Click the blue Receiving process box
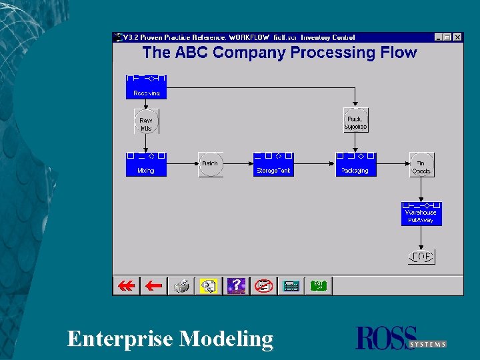pos(146,87)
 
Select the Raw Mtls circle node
pos(146,123)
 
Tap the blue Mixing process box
pos(146,164)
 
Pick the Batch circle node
pos(209,164)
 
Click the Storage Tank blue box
pos(273,164)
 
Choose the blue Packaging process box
pos(355,164)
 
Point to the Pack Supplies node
pos(355,121)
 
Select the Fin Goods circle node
pos(421,164)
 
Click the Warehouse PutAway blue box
pos(421,213)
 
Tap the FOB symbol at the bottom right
pos(421,257)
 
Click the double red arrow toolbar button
pos(126,286)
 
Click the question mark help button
pos(236,286)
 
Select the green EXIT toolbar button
pos(319,286)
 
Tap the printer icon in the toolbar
pos(181,286)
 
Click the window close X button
pos(457,37)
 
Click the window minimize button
pos(439,37)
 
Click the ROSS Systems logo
pos(401,338)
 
